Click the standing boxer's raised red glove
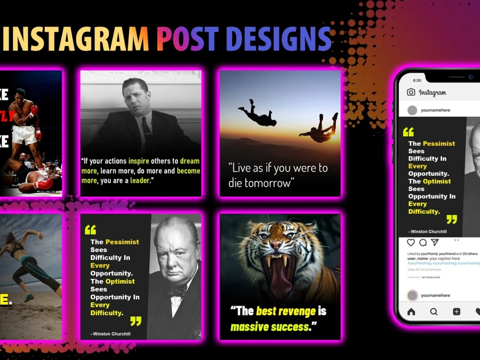34,110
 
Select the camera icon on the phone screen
411,92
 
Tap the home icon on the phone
411,312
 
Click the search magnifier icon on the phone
434,312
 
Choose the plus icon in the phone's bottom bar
456,312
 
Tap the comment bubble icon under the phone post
423,242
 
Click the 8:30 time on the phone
417,80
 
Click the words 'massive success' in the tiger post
270,327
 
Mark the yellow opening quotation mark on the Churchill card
90,229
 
